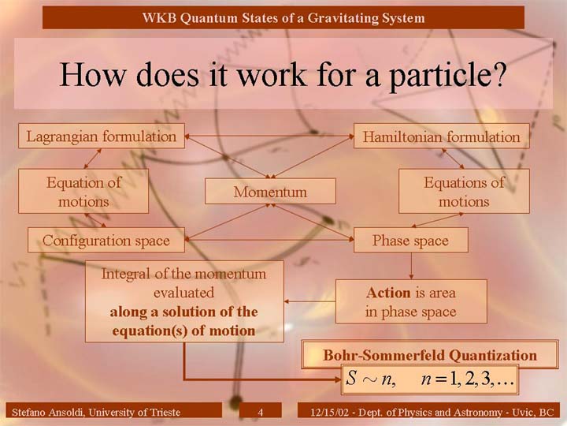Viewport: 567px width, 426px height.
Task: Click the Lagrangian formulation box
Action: pyautogui.click(x=102, y=136)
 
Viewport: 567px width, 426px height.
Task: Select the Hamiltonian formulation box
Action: pyautogui.click(x=442, y=136)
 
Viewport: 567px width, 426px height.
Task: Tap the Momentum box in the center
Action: pyautogui.click(x=270, y=191)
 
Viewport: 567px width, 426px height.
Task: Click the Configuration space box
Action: pyautogui.click(x=106, y=240)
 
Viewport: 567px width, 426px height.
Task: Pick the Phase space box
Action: pyautogui.click(x=411, y=240)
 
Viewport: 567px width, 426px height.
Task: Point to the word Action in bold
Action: pyautogui.click(x=388, y=293)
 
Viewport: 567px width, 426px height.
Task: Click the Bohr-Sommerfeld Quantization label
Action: pyautogui.click(x=430, y=355)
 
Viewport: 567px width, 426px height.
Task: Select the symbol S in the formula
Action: pyautogui.click(x=350, y=378)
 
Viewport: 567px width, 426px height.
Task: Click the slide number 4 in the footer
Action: pyautogui.click(x=261, y=412)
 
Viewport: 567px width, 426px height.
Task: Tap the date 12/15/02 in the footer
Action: pyautogui.click(x=330, y=413)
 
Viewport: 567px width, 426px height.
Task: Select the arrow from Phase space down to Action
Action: pyautogui.click(x=411, y=266)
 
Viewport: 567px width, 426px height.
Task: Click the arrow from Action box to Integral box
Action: pyautogui.click(x=310, y=301)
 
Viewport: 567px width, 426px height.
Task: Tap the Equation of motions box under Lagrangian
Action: pyautogui.click(x=83, y=191)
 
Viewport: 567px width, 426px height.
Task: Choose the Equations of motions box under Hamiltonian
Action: pyautogui.click(x=464, y=191)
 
